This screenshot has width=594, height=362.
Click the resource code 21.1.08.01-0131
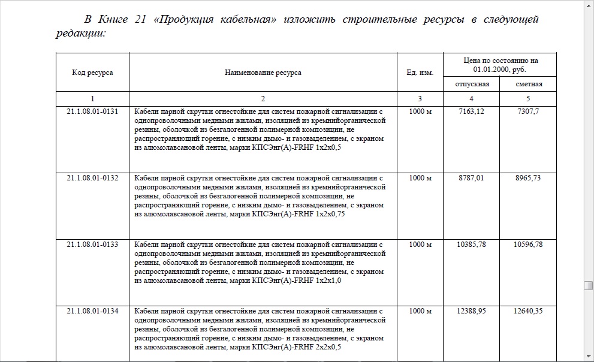pyautogui.click(x=92, y=111)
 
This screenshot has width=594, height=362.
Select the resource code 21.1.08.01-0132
pyautogui.click(x=92, y=178)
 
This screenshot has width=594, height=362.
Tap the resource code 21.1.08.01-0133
pyautogui.click(x=92, y=245)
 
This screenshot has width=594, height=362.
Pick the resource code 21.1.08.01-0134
pyautogui.click(x=92, y=311)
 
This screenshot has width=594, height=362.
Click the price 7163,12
pyautogui.click(x=471, y=111)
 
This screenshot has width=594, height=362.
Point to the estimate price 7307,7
pyautogui.click(x=529, y=111)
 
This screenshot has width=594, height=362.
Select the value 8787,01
pyautogui.click(x=471, y=178)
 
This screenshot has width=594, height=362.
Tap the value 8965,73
pyautogui.click(x=529, y=178)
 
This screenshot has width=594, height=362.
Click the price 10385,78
pyautogui.click(x=471, y=245)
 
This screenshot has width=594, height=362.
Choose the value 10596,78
pyautogui.click(x=529, y=245)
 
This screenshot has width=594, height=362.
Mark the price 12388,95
pyautogui.click(x=471, y=311)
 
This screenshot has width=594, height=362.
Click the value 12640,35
pyautogui.click(x=529, y=311)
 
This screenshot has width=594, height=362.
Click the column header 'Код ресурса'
pyautogui.click(x=92, y=73)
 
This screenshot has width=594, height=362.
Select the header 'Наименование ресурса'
pyautogui.click(x=263, y=73)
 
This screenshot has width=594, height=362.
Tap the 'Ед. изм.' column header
pyautogui.click(x=420, y=73)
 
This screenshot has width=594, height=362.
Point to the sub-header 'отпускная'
pyautogui.click(x=471, y=84)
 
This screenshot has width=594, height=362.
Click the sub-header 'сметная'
pyautogui.click(x=529, y=84)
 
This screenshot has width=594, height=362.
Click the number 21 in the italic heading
pyautogui.click(x=141, y=20)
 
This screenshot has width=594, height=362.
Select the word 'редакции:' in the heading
pyautogui.click(x=81, y=34)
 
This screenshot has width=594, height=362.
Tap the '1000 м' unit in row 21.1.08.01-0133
pyautogui.click(x=420, y=245)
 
